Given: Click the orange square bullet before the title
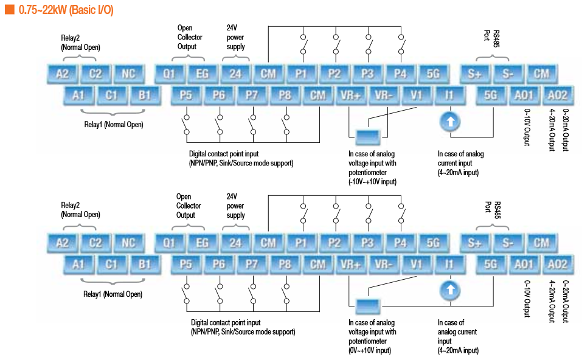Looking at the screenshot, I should pyautogui.click(x=9, y=10).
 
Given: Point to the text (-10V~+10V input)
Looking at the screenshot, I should pyautogui.click(x=373, y=182).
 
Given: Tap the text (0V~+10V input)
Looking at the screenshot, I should pyautogui.click(x=370, y=350).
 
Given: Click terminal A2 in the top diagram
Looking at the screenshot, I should pyautogui.click(x=63, y=74).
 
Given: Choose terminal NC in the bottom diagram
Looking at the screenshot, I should pyautogui.click(x=128, y=243).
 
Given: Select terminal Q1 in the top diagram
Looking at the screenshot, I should pyautogui.click(x=170, y=74).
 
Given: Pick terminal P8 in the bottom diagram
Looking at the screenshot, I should pyautogui.click(x=285, y=265).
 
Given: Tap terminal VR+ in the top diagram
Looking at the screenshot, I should pyautogui.click(x=351, y=95).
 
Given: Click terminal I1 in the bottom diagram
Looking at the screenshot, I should pyautogui.click(x=449, y=265).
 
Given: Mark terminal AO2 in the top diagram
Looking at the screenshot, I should pyautogui.click(x=557, y=95).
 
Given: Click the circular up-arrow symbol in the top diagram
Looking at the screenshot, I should pyautogui.click(x=450, y=122).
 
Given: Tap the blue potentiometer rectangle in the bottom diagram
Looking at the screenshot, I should pyautogui.click(x=367, y=305).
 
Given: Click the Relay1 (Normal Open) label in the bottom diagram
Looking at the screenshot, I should pyautogui.click(x=113, y=294).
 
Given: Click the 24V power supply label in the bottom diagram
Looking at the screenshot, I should pyautogui.click(x=235, y=206).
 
